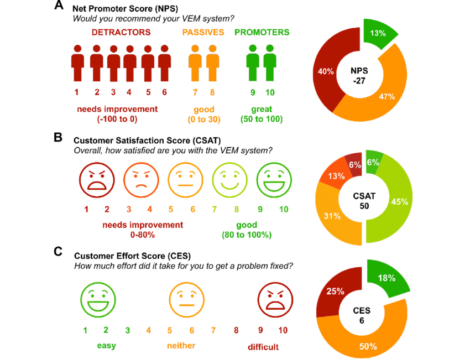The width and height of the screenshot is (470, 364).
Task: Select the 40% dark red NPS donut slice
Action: [x=326, y=72]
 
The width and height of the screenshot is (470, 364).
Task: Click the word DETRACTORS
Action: [x=121, y=33]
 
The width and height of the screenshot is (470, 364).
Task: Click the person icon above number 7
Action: [x=195, y=63]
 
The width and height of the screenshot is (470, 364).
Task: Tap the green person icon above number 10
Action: [x=270, y=63]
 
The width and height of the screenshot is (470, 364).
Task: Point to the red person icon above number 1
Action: [x=78, y=63]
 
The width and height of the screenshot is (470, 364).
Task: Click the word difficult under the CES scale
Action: [x=263, y=347]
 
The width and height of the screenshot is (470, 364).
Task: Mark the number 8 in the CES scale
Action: [x=236, y=330]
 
